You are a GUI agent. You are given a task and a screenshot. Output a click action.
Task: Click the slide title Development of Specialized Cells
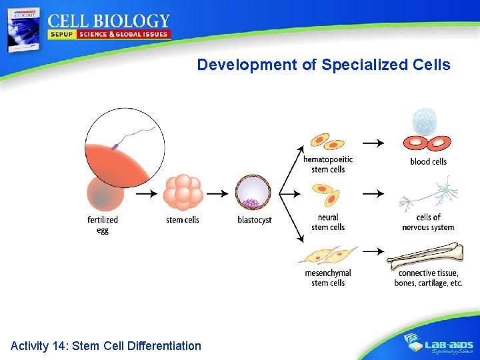pyautogui.click(x=323, y=65)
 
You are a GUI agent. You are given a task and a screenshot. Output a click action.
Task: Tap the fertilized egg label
pyautogui.click(x=103, y=225)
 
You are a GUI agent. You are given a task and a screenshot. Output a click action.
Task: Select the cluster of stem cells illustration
pyautogui.click(x=183, y=193)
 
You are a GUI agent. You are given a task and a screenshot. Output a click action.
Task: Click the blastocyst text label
pyautogui.click(x=255, y=220)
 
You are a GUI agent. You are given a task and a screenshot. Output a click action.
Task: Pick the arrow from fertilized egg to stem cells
pyautogui.click(x=146, y=193)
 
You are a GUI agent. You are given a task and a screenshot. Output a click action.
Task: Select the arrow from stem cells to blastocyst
pyautogui.click(x=217, y=193)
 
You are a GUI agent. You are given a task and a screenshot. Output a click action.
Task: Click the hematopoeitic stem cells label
pyautogui.click(x=328, y=164)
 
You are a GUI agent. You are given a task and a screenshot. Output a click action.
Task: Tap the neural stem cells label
pyautogui.click(x=328, y=222)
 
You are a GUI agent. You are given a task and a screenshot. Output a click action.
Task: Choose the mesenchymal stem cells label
pyautogui.click(x=328, y=278)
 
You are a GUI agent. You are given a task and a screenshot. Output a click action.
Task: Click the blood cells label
pyautogui.click(x=429, y=161)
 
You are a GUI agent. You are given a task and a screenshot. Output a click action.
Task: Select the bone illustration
pyautogui.click(x=425, y=255)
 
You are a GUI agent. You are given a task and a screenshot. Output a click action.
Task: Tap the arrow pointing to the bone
pyautogui.click(x=373, y=251)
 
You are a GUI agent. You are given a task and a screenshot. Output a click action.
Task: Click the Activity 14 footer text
pyautogui.click(x=106, y=345)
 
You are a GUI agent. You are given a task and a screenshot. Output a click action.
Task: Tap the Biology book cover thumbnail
pyautogui.click(x=23, y=30)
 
